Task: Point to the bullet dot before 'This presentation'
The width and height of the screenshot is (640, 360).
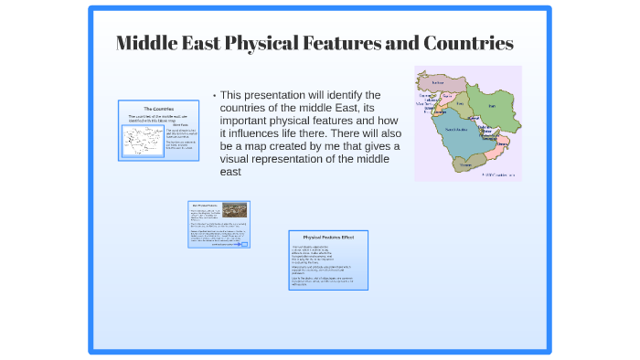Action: pos(213,96)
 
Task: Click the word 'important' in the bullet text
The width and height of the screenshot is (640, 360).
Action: pos(251,121)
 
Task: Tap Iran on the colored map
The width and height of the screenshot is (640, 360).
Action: pos(491,108)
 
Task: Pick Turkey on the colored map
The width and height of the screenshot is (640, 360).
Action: pos(438,82)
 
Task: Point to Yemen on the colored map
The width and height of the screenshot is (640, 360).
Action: pos(472,164)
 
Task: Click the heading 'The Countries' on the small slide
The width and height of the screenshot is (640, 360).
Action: pos(158,109)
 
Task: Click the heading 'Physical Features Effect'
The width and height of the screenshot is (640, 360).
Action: pos(328,238)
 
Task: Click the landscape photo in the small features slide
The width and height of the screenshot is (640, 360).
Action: pos(234,210)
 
